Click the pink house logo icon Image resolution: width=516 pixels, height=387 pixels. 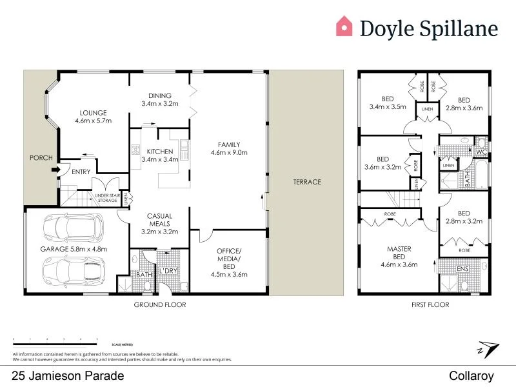(344, 26)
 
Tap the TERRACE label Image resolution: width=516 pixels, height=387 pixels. (307, 182)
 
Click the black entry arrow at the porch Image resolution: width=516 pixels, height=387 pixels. (56, 170)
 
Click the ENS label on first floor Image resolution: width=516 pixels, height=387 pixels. (462, 268)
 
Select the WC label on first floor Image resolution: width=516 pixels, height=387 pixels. (480, 152)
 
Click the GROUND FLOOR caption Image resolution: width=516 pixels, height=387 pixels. (159, 304)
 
